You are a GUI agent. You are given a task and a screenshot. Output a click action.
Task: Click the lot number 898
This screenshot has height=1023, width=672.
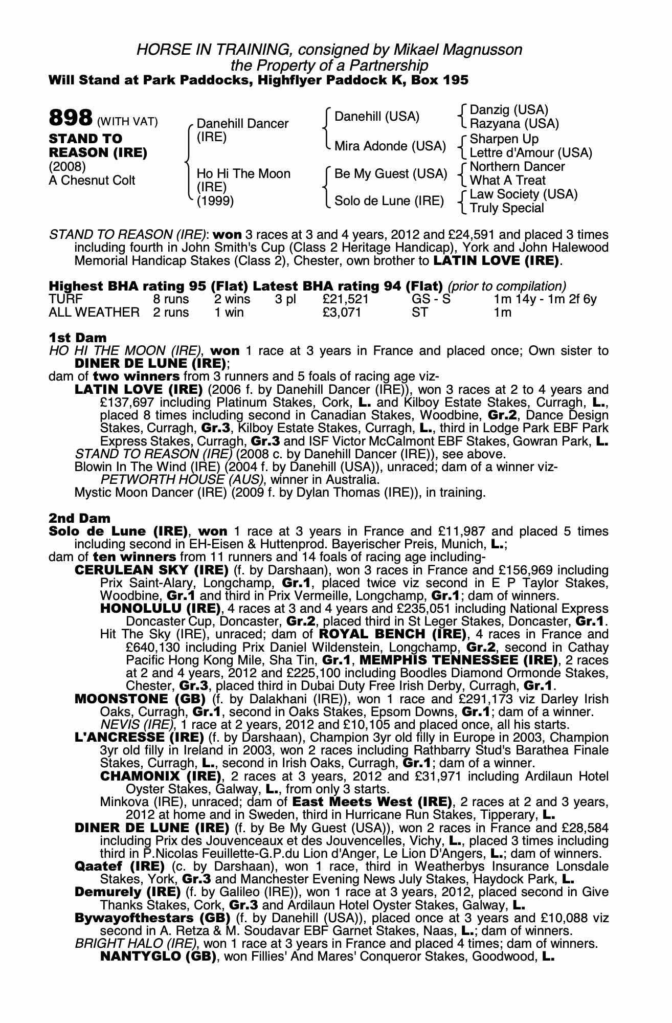[x=70, y=118]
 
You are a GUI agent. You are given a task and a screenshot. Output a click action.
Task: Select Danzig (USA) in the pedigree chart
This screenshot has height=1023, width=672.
[x=509, y=110]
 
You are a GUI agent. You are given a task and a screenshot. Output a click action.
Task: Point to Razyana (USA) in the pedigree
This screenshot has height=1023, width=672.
[x=514, y=124]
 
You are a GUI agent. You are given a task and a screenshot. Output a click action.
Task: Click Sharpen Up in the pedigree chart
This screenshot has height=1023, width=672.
[x=504, y=139]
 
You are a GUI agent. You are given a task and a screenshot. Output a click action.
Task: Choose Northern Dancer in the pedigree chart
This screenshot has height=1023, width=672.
[x=517, y=167]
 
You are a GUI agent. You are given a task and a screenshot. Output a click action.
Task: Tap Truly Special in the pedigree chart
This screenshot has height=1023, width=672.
[x=506, y=208]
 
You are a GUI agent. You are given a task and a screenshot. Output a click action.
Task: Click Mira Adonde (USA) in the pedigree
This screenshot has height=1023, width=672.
[x=390, y=146]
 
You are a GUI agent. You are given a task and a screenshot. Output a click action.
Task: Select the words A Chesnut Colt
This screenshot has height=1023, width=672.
[x=92, y=181]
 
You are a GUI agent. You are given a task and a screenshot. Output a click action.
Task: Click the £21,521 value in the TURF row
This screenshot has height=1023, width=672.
[x=346, y=299]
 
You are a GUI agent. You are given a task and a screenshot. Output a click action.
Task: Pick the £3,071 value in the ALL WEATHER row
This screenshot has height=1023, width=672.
[x=342, y=312]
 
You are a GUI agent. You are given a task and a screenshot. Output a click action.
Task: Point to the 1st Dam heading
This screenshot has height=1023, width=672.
[x=78, y=338]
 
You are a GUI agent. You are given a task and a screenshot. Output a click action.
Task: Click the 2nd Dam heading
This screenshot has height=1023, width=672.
[x=79, y=518]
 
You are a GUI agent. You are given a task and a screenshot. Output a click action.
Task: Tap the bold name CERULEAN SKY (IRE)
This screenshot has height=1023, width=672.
[x=151, y=570]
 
